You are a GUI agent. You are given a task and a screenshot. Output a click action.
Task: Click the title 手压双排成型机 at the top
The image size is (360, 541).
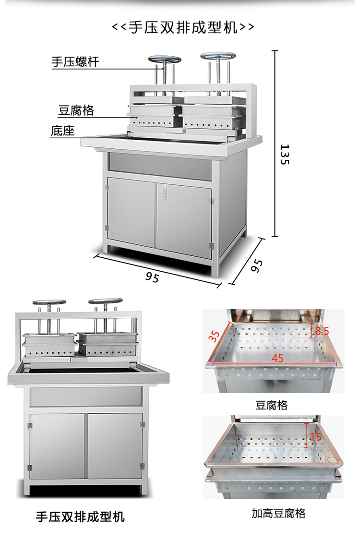coord(183,27)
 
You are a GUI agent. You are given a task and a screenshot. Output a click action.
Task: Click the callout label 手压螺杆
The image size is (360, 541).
coord(75,62)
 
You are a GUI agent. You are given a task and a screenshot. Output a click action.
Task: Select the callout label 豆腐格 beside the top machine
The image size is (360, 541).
coord(76,110)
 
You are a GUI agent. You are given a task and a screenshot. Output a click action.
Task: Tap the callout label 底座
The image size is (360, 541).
coord(62,131)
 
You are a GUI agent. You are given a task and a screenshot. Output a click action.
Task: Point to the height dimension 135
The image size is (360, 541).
coord(284,154)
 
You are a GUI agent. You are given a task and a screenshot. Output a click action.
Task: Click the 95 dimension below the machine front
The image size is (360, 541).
coord(152,277)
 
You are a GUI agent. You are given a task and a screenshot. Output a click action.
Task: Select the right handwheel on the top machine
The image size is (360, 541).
coord(218,56)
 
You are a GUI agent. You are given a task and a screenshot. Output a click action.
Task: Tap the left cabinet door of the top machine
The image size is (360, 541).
coord(131,212)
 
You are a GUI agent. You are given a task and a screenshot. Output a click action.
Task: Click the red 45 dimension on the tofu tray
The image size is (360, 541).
coord(277,358)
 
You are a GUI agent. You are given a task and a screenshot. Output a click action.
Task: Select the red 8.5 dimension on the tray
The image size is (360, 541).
coord(322,331)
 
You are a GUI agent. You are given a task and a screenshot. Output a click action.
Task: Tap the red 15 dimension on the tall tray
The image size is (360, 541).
coord(315,436)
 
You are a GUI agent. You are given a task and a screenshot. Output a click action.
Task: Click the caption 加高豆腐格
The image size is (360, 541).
coord(278,514)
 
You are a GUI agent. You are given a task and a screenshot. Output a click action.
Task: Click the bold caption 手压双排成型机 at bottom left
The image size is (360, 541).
coord(80,517)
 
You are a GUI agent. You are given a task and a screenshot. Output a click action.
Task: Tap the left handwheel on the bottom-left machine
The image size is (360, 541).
coord(49,302)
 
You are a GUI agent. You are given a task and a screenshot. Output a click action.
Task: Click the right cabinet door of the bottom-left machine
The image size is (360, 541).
coord(115,446)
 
